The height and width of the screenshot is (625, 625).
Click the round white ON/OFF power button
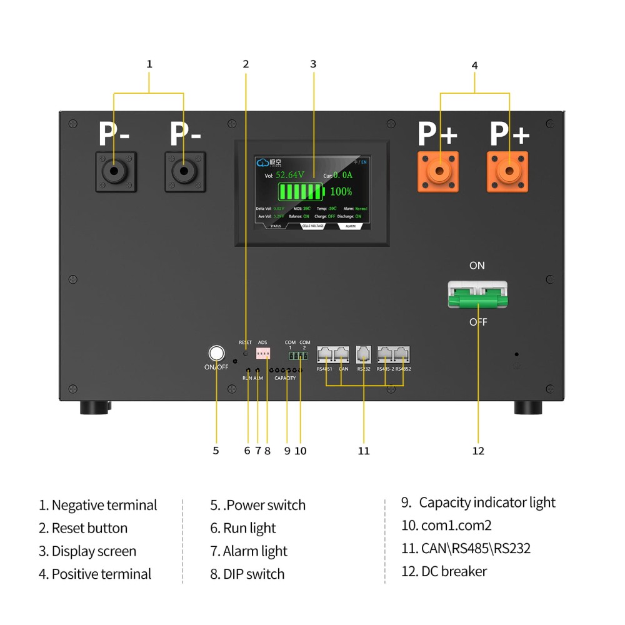216,354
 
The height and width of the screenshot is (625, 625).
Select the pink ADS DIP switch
263,354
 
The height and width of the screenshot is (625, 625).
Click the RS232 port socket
364,354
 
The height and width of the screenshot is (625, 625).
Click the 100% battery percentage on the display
341,191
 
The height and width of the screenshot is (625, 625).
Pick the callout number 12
478,451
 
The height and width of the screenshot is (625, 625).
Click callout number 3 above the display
313,64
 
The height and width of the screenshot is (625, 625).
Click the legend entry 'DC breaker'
454,571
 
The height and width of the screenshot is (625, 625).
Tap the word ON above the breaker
477,266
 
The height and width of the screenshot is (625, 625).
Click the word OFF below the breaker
478,322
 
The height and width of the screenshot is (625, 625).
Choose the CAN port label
343,369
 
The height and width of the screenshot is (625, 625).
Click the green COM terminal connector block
297,356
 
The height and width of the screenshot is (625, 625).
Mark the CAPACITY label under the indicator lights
285,378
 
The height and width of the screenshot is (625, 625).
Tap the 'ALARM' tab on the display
350,226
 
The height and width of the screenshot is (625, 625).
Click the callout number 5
216,451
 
